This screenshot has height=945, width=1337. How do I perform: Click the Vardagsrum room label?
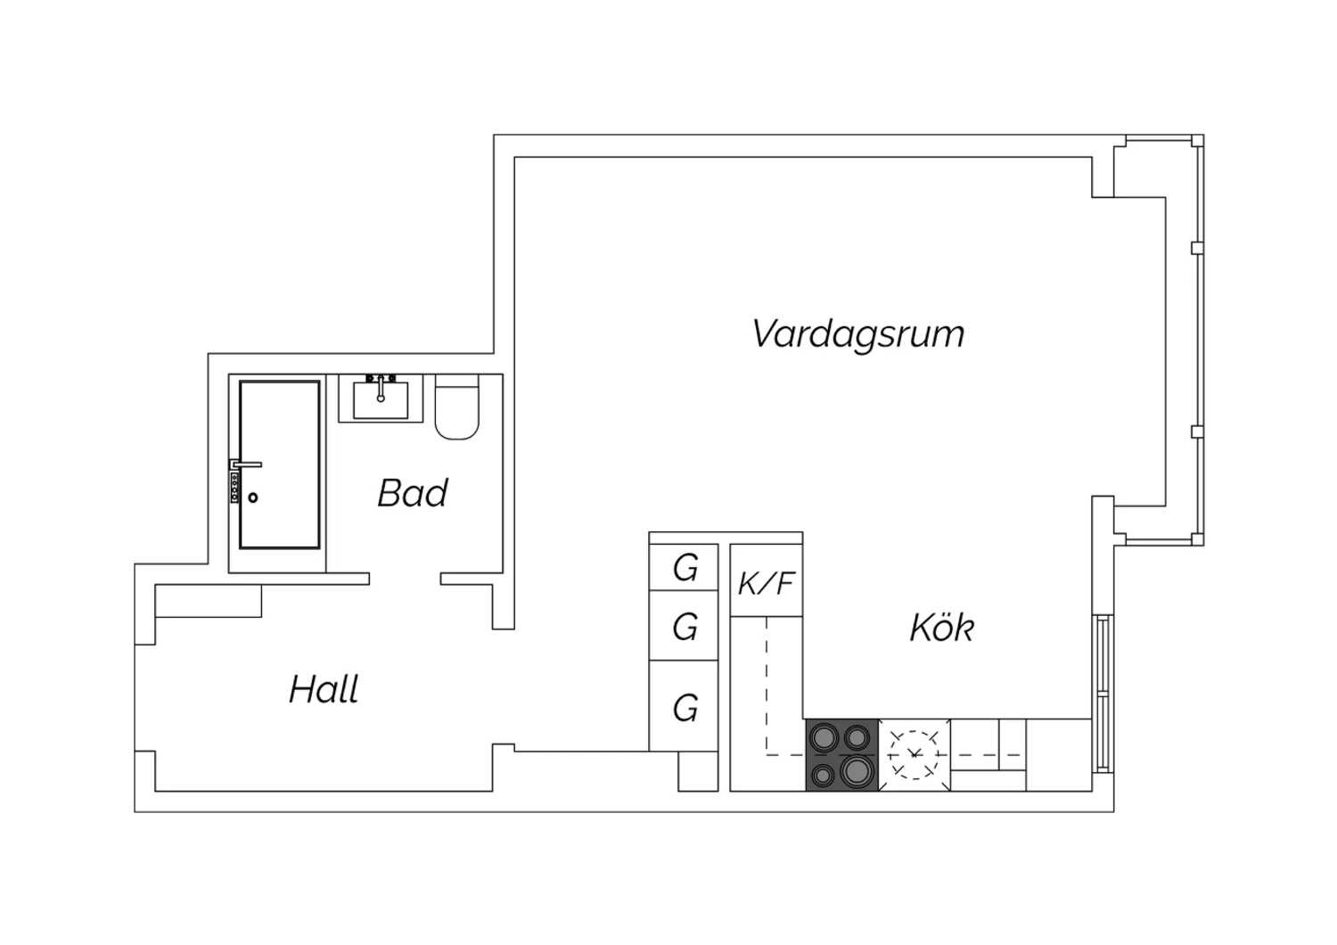pos(857,334)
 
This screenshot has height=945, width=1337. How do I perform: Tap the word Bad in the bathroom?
pos(413,493)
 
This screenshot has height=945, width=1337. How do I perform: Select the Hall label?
pos(324,689)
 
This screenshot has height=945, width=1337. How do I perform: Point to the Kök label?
pos(942,628)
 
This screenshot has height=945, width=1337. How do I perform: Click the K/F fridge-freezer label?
pos(767,584)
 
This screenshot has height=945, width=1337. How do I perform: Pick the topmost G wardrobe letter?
pos(685,568)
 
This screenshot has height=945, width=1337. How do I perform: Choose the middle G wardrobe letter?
pos(685,628)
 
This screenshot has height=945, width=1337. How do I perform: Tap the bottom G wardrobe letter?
pos(685,708)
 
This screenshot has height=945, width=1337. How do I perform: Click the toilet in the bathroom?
pos(457,407)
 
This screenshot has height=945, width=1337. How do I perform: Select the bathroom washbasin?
pos(381,399)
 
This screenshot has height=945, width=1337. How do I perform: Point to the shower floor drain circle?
pos(253,497)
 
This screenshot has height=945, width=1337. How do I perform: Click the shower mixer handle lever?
pos(247,464)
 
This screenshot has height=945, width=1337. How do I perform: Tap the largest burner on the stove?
pos(857,771)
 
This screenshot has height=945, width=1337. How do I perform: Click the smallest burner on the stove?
pos(824,776)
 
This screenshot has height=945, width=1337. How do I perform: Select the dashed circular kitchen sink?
pos(914,754)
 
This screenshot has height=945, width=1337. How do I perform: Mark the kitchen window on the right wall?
pos(1103,694)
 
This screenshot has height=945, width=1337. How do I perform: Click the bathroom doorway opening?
pos(406,579)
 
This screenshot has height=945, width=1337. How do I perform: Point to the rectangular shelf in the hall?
pos(209,601)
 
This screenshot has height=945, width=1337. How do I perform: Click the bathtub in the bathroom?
pos(279,464)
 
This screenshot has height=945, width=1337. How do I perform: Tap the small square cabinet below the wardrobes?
pos(698,771)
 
